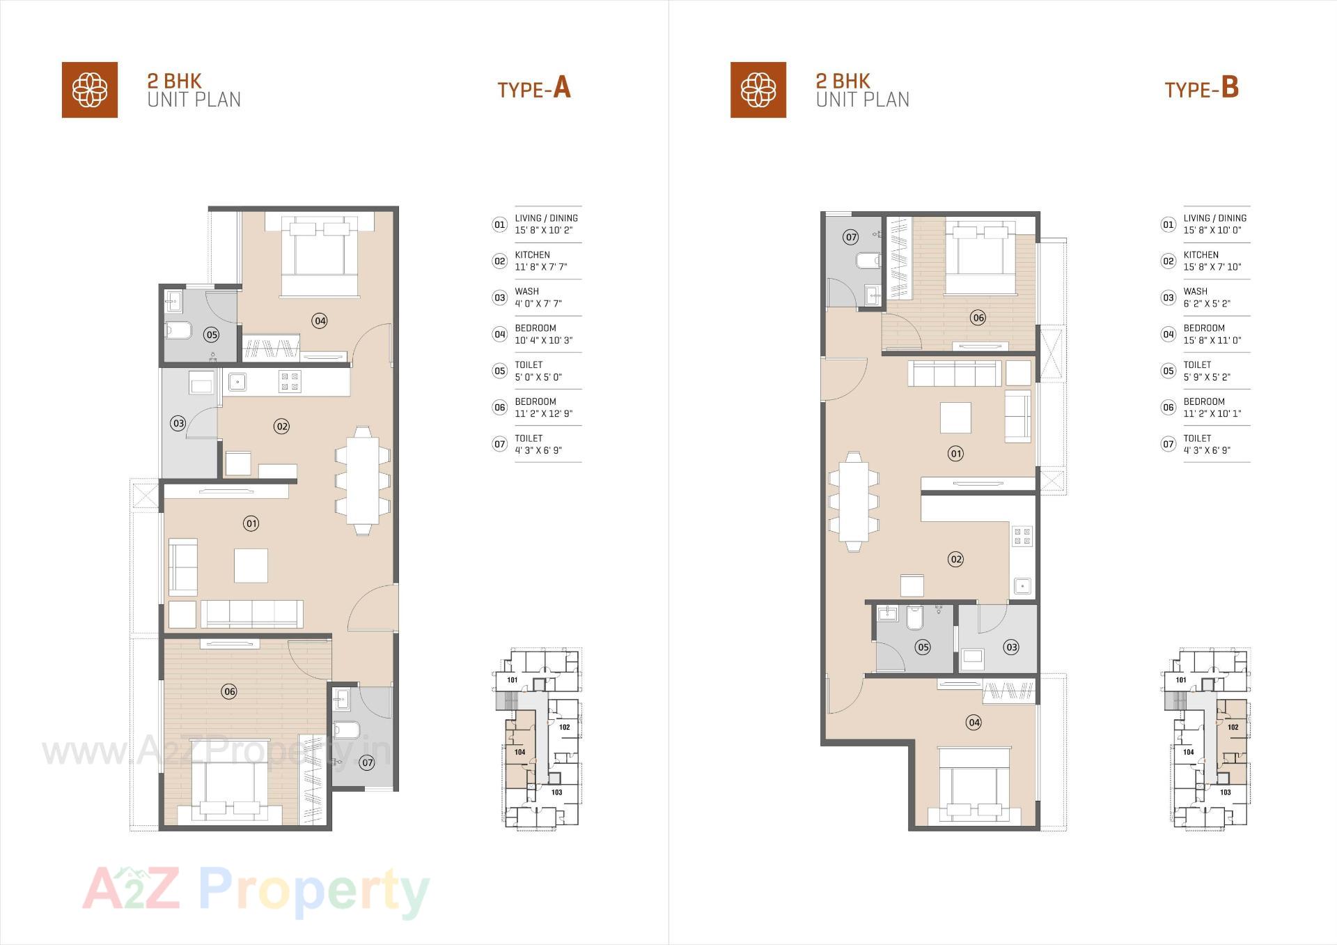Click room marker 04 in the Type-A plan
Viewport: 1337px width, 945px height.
click(320, 321)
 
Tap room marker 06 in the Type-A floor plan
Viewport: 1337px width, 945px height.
click(229, 691)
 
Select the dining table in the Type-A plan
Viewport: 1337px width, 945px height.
click(362, 479)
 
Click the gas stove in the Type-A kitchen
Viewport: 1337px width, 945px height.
click(290, 381)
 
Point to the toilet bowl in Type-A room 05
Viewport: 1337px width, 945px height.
click(178, 330)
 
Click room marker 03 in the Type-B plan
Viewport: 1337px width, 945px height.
click(1011, 647)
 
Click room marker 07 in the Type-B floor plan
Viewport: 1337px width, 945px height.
click(851, 237)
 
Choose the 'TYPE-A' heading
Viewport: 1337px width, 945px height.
click(533, 89)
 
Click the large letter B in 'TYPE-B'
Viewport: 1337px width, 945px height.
click(1230, 88)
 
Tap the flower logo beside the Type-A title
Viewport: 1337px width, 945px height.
click(90, 90)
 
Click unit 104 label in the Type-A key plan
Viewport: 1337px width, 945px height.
click(519, 752)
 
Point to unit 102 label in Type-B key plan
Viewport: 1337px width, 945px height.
click(1233, 727)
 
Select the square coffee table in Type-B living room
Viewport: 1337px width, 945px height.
click(955, 417)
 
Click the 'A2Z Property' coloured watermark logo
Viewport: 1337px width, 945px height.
click(256, 891)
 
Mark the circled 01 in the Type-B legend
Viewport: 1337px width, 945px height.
click(1168, 224)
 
